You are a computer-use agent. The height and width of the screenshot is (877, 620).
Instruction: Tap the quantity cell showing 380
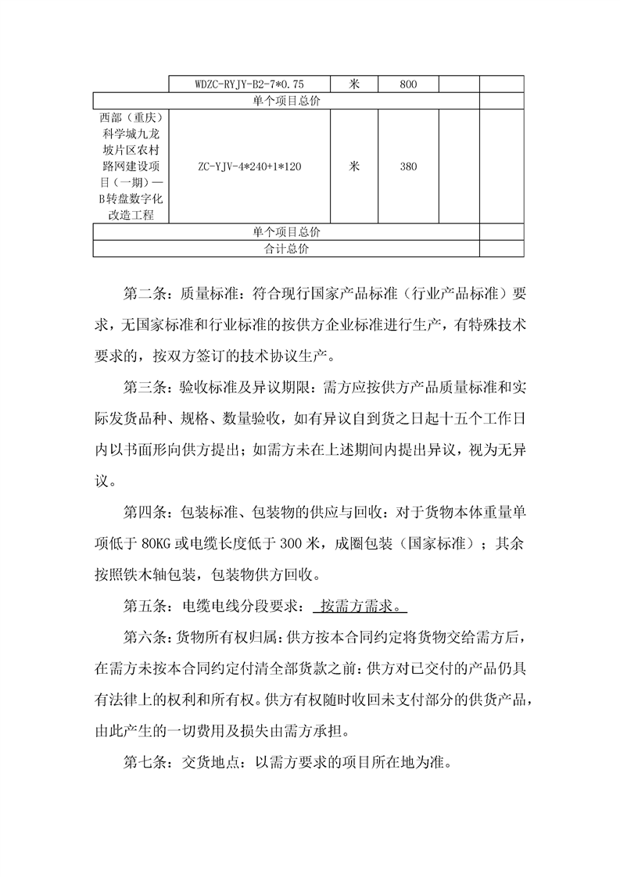point(408,166)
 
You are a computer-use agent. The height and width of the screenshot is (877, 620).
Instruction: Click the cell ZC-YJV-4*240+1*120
point(249,166)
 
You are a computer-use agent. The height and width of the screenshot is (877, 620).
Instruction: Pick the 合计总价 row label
point(286,249)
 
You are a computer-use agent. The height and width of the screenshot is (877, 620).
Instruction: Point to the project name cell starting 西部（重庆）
point(131,166)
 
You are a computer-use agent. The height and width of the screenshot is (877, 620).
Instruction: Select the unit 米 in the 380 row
point(354,166)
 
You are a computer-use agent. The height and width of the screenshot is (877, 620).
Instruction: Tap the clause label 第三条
point(145,385)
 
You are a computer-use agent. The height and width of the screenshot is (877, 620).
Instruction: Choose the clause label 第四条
point(145,512)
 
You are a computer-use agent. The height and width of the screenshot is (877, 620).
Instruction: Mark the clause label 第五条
point(145,606)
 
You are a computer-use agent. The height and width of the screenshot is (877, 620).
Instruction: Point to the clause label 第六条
point(145,637)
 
